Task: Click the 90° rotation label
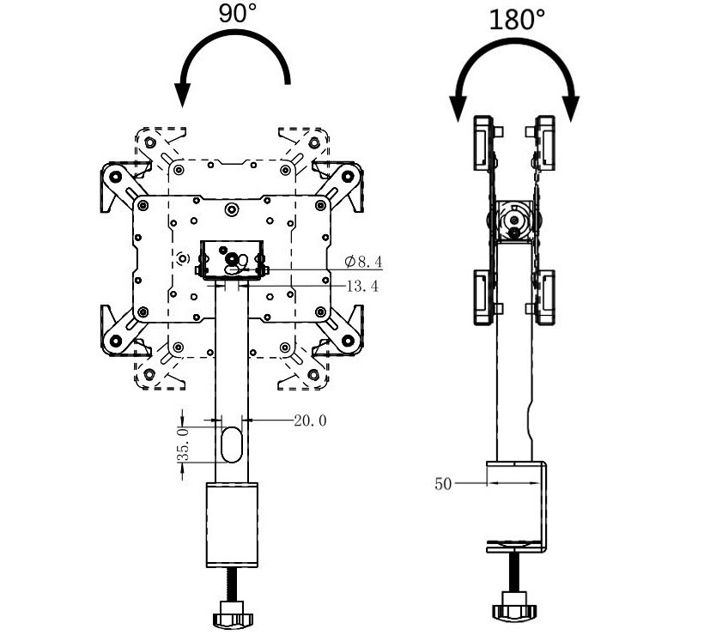(238, 13)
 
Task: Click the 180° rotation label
(516, 20)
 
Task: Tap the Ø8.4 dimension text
(363, 261)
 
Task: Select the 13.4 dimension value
(362, 286)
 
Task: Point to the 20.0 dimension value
(310, 420)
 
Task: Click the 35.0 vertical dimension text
(183, 444)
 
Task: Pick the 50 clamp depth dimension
(443, 484)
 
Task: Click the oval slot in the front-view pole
(232, 444)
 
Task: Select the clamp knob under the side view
(514, 607)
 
